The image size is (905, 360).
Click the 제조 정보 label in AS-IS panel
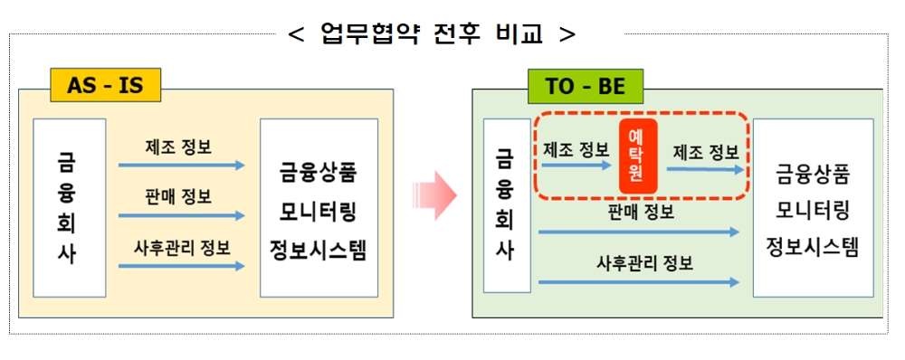coord(178,147)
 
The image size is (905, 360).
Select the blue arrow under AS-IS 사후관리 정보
coord(181,266)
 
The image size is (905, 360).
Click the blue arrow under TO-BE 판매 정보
coord(639,232)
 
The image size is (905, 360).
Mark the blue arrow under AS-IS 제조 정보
coord(181,166)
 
